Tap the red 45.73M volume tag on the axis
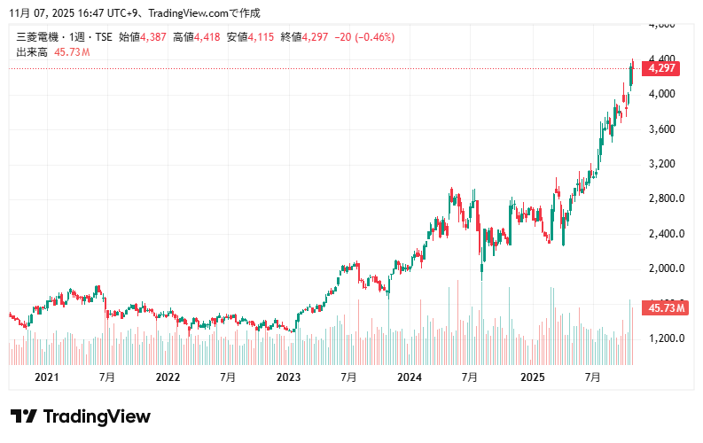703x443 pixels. tap(668, 307)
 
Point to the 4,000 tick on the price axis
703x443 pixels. tap(662, 94)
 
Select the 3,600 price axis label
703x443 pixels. tap(662, 129)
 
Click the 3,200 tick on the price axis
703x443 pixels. tap(662, 164)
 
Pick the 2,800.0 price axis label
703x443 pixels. tap(667, 198)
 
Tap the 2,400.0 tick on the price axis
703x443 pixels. tap(667, 234)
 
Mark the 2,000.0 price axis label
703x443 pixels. tap(667, 268)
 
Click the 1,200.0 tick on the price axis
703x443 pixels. tap(667, 338)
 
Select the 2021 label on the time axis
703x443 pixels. tap(46, 377)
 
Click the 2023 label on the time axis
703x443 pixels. tap(289, 377)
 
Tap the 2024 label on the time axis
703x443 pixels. tap(410, 377)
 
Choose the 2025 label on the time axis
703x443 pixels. tap(531, 377)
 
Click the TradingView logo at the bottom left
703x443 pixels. tap(81, 416)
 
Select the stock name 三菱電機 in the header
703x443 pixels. tap(38, 37)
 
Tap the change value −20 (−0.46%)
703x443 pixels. tap(364, 37)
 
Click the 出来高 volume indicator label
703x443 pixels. tap(32, 52)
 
